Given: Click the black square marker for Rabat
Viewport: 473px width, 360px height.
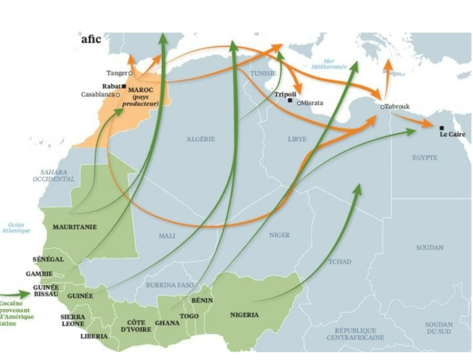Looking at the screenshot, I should (x=124, y=86).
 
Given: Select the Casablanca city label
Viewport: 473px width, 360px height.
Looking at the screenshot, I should (x=97, y=95).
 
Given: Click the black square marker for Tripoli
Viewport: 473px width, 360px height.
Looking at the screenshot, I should (x=290, y=101).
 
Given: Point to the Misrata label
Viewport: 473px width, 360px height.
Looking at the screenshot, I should (x=312, y=103).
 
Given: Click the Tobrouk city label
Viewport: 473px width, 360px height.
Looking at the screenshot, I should (x=397, y=106).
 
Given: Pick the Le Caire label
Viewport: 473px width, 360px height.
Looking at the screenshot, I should (x=452, y=134).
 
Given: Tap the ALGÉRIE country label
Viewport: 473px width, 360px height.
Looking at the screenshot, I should (x=200, y=139).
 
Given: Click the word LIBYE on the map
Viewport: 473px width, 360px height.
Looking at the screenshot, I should (x=297, y=139).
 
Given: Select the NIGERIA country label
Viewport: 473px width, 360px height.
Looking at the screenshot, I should (x=244, y=315).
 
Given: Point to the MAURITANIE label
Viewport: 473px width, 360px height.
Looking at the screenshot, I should (x=74, y=226).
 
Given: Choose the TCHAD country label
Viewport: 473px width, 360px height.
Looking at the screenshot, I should (x=340, y=262).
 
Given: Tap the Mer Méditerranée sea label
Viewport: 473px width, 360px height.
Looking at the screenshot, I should (x=328, y=64).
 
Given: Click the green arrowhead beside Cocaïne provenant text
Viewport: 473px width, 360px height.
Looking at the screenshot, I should (x=28, y=295).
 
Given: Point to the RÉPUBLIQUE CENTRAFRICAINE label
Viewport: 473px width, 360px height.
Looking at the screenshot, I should (x=355, y=334).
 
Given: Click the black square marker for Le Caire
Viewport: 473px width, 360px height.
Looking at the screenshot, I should (x=442, y=128).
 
